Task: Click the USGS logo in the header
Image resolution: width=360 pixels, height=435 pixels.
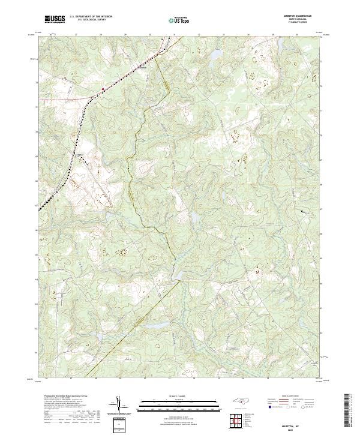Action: click(55, 19)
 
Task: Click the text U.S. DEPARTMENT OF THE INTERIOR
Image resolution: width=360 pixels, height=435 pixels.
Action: click(91, 17)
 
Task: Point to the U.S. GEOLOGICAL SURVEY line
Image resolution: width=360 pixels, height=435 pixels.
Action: click(91, 20)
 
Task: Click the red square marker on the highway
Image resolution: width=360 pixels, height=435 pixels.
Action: click(103, 89)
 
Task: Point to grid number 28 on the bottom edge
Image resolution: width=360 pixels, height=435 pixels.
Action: click(95, 379)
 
